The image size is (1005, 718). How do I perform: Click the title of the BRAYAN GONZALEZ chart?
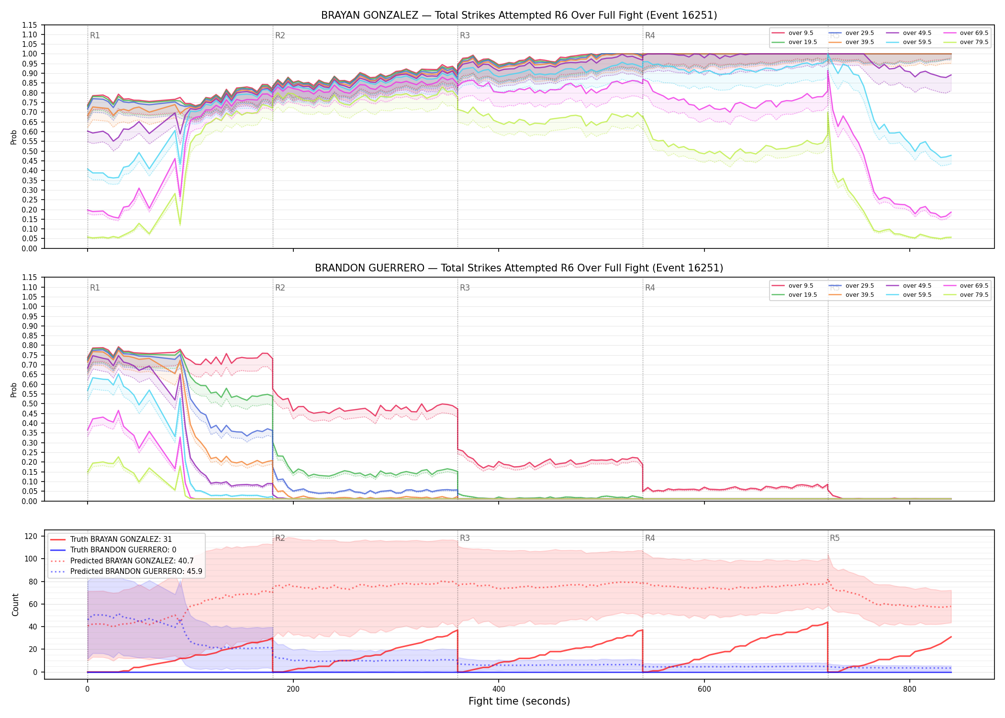click(x=519, y=15)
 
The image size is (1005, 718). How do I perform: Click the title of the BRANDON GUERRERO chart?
click(x=519, y=268)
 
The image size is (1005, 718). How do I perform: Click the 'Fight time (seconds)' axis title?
click(x=519, y=701)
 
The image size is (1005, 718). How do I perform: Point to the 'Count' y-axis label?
click(x=15, y=605)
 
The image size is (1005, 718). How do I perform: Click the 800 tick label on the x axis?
click(x=910, y=689)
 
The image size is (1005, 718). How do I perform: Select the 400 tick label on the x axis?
click(x=499, y=689)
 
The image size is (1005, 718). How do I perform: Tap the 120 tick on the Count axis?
click(x=31, y=537)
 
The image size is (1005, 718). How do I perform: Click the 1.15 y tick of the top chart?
click(x=30, y=25)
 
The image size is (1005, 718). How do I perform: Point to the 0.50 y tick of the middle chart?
click(x=30, y=404)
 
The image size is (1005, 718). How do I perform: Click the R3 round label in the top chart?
click(x=465, y=35)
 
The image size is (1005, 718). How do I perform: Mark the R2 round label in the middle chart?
click(x=280, y=288)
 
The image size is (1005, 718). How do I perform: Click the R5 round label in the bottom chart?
click(x=835, y=538)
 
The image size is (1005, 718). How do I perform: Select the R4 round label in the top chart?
click(x=650, y=35)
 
